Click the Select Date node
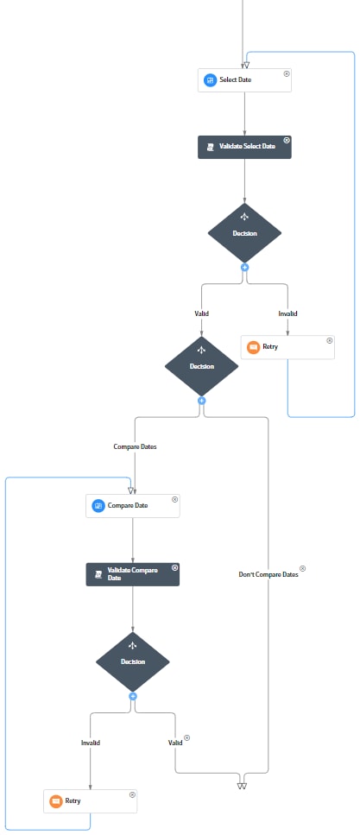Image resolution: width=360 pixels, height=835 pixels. click(244, 80)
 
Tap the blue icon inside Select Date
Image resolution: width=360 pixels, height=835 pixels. click(209, 80)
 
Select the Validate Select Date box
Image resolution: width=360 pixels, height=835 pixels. click(244, 147)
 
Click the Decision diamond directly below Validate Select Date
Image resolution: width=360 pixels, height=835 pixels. click(244, 232)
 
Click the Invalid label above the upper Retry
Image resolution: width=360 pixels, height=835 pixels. click(287, 313)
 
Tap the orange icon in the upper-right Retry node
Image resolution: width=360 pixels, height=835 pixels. click(253, 347)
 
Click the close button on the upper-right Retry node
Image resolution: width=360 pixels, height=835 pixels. click(330, 341)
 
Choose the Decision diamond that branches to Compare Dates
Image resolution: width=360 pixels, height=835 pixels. click(201, 365)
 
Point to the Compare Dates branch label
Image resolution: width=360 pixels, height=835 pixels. click(135, 447)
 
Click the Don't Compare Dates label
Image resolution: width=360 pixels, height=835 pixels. click(268, 574)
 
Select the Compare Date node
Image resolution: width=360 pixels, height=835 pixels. click(132, 505)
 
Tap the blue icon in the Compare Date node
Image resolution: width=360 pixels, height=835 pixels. click(98, 505)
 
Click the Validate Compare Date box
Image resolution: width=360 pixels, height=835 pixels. click(132, 574)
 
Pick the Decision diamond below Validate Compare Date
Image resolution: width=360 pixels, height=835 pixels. click(132, 661)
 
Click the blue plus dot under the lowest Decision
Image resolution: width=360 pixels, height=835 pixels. click(133, 695)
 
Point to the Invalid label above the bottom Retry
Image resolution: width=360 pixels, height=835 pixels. click(91, 741)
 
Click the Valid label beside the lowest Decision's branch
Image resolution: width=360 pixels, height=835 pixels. click(175, 741)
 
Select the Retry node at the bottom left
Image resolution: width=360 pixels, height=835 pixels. click(90, 800)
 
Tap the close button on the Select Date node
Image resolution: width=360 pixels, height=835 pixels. click(287, 74)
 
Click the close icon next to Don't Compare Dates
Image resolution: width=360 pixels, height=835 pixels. click(302, 569)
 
